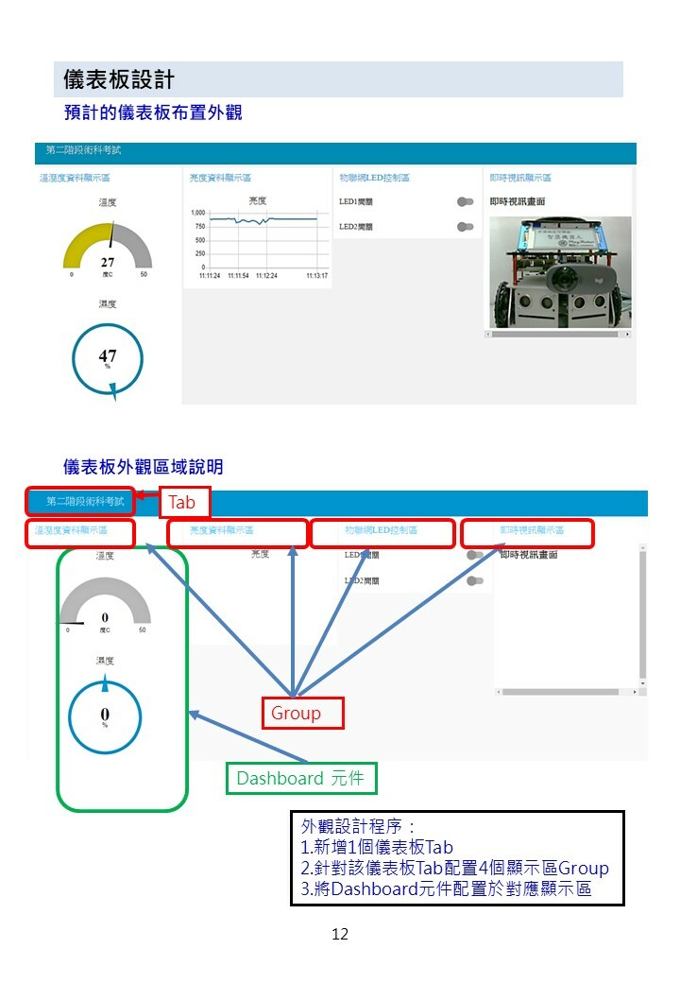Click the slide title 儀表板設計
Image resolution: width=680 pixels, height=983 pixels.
[x=118, y=79]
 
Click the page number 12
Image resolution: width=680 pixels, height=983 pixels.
[x=340, y=934]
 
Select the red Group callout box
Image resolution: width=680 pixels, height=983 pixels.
[x=301, y=713]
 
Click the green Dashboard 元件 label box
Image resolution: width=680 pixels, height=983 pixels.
[x=301, y=778]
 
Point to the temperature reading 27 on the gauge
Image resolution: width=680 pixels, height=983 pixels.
[x=108, y=262]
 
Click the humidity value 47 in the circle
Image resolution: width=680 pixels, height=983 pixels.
[x=108, y=356]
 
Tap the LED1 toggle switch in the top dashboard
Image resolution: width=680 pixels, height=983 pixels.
[x=465, y=201]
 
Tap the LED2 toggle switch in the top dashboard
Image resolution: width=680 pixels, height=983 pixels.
[x=465, y=227]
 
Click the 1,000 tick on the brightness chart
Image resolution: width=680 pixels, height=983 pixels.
[x=198, y=214]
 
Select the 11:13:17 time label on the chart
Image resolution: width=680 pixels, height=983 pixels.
[x=316, y=276]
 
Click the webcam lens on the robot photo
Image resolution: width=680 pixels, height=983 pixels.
[x=565, y=281]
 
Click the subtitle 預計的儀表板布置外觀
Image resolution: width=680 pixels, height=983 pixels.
[x=152, y=112]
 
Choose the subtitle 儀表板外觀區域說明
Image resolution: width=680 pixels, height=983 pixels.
[x=143, y=467]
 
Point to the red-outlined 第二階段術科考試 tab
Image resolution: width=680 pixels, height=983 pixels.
[x=81, y=502]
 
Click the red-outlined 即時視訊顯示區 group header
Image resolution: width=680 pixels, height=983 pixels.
[x=527, y=533]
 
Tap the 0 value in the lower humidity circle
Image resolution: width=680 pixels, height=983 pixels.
[x=105, y=714]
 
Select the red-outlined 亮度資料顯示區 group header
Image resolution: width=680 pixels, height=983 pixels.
[x=238, y=533]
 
